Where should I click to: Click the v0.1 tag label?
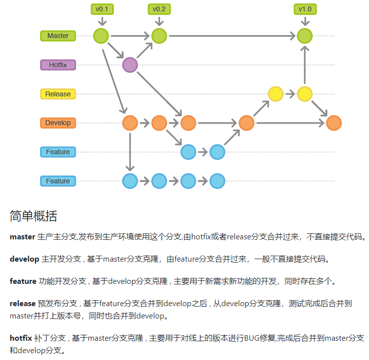click(x=101, y=9)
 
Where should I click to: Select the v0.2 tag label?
click(x=159, y=9)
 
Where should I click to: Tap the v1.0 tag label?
click(x=305, y=9)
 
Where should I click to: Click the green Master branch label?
click(x=58, y=36)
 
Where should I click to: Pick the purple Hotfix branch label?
click(x=58, y=65)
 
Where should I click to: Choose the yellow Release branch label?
click(x=58, y=94)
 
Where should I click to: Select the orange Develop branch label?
click(x=58, y=123)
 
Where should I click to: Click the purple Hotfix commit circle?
click(x=130, y=65)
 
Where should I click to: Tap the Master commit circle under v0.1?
click(x=101, y=36)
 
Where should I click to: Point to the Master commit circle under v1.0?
click(x=305, y=36)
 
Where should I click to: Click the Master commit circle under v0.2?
click(x=159, y=36)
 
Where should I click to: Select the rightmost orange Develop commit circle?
click(x=334, y=123)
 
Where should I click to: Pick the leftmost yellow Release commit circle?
click(x=276, y=93)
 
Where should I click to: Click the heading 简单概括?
click(x=33, y=216)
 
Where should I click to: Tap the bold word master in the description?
click(x=22, y=237)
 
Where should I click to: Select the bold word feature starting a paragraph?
click(x=23, y=281)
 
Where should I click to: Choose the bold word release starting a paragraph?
click(x=23, y=303)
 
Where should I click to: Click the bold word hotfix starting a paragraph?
click(x=21, y=338)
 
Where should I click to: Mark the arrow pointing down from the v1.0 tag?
click(x=305, y=21)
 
